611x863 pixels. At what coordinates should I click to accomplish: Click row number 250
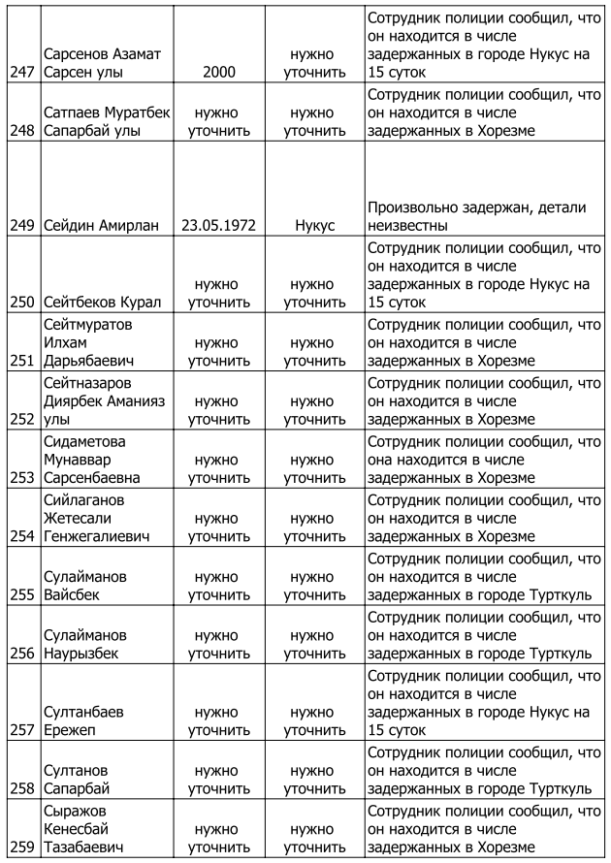pyautogui.click(x=19, y=303)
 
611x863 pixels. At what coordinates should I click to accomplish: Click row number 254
pyautogui.click(x=19, y=535)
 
